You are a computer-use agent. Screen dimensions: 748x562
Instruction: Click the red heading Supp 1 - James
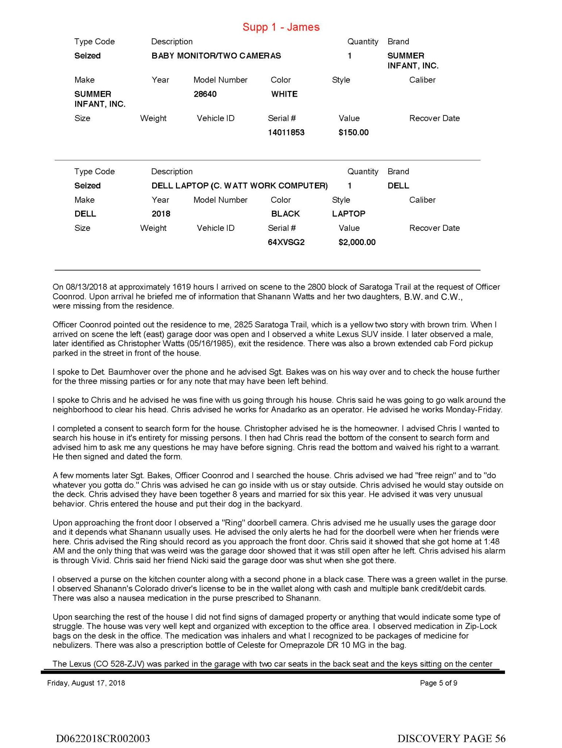(281, 27)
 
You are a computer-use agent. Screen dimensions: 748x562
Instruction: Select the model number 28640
(205, 94)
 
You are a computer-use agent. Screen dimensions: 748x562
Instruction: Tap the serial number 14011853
(286, 133)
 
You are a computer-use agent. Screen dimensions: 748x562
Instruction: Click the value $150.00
(353, 133)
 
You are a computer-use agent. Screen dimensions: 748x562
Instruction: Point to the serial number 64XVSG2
(286, 243)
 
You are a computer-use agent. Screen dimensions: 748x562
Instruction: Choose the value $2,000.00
(357, 243)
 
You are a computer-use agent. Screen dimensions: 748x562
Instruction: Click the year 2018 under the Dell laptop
(161, 214)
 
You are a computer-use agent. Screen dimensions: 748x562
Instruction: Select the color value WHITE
(284, 94)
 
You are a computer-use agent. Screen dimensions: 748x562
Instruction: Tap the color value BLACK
(285, 214)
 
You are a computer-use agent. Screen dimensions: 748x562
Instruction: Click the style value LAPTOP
(349, 214)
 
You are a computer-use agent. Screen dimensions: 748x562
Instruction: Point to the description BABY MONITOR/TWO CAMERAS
(216, 56)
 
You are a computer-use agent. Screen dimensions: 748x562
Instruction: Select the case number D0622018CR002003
(103, 737)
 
